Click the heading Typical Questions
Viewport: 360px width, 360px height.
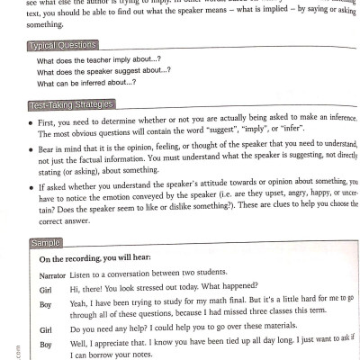pyautogui.click(x=62, y=45)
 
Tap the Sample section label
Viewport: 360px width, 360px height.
pyautogui.click(x=45, y=244)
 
